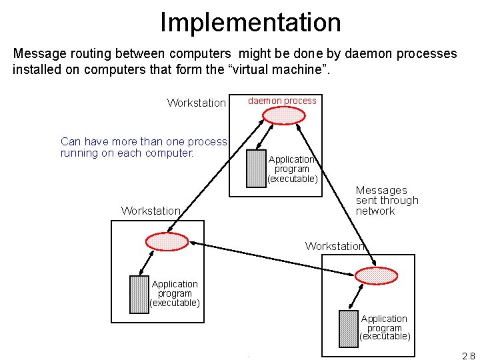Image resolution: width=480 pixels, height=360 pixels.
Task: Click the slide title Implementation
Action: pos(250,22)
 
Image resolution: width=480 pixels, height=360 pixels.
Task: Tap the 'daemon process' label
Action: pos(282,101)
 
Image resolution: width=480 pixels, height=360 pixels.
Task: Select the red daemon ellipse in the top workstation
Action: pos(283,115)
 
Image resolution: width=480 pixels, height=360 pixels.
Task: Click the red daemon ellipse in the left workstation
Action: pos(167,241)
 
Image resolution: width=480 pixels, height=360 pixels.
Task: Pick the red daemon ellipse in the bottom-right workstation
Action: pos(376,275)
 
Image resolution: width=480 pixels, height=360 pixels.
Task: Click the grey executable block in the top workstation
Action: pos(256,168)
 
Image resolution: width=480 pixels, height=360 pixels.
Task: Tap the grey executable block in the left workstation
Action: pos(139,294)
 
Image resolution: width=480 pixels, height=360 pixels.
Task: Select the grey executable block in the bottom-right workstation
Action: pos(349,329)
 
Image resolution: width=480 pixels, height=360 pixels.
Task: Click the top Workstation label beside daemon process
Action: pos(196,103)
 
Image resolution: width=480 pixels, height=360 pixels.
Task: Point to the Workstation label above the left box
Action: pos(151,211)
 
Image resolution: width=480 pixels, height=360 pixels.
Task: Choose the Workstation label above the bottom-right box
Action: pos(335,246)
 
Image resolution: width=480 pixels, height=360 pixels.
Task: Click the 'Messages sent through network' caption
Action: pos(387,201)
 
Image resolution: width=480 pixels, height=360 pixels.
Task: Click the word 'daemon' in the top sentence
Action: pos(361,53)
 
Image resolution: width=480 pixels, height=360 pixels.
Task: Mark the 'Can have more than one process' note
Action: pos(143,141)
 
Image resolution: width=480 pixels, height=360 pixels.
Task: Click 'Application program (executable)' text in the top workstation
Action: pos(292,169)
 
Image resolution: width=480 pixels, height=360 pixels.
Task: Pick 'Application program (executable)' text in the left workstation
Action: pos(175,293)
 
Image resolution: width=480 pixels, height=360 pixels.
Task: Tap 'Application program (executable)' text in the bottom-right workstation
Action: pos(385,327)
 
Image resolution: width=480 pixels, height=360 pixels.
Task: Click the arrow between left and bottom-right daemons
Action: pos(271,257)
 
